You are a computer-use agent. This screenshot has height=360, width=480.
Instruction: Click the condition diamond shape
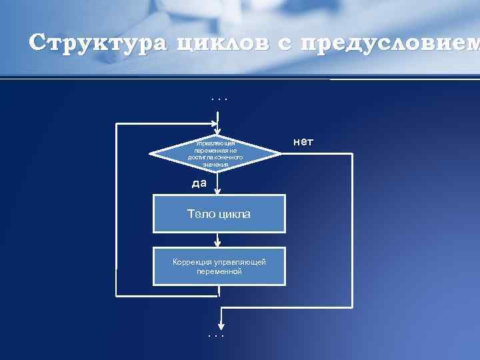(x=216, y=154)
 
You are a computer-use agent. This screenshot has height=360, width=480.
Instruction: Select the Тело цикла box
(x=219, y=213)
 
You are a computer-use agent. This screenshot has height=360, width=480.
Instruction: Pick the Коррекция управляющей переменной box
(x=219, y=267)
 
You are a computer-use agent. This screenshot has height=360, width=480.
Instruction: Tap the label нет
(x=303, y=142)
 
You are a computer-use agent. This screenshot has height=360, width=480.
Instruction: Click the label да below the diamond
(x=199, y=183)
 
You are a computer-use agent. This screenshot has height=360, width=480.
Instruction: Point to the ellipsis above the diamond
(x=219, y=100)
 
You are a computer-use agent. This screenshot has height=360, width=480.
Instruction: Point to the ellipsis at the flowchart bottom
(x=216, y=335)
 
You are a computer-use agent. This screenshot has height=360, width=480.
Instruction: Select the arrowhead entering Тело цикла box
(x=217, y=191)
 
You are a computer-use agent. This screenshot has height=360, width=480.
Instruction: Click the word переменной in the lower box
(x=219, y=272)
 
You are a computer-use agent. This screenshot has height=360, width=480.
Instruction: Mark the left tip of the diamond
(x=151, y=154)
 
